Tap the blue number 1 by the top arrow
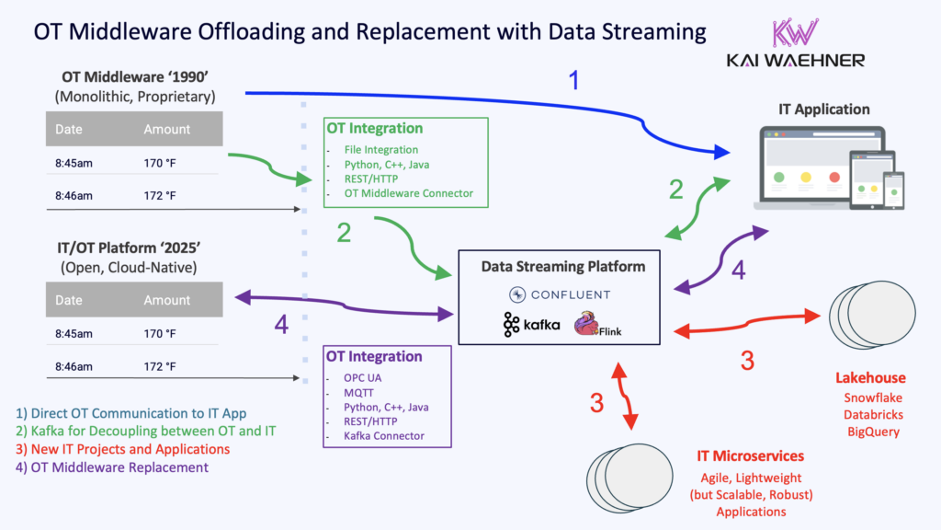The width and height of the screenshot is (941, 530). (574, 81)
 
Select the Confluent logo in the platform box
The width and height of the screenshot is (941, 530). (561, 294)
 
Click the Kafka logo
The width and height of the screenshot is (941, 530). (531, 325)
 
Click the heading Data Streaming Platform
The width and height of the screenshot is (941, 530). (563, 266)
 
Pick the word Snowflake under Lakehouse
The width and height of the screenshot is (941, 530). (871, 397)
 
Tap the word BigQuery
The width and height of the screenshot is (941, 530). (871, 431)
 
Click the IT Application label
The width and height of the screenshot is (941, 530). (822, 109)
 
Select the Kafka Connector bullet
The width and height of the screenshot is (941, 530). (376, 436)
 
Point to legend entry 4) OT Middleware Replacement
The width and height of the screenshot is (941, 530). (111, 467)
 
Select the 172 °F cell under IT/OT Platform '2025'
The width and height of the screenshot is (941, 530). (159, 366)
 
